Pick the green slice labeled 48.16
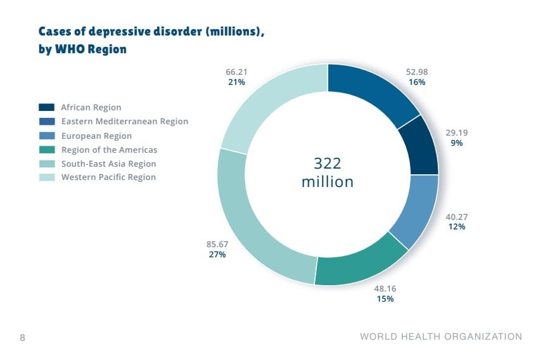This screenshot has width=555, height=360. pos(361,261)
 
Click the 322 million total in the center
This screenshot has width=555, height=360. pos(328,172)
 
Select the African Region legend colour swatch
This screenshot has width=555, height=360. pos(48,107)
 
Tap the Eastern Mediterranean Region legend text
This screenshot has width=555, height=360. pos(125,121)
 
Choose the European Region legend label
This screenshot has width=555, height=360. pos(96,136)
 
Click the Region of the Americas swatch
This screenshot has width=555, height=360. pos(48,150)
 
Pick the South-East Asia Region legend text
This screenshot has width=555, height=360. pos(108,164)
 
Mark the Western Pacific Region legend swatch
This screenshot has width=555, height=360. pos(48,177)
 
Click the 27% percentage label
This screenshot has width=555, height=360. pos(217,255)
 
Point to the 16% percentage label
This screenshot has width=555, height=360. pos(417,82)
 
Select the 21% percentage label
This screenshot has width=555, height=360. pos(236,82)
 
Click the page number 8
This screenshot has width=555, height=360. pos(23,337)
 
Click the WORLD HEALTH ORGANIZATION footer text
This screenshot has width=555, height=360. pos(441,337)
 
